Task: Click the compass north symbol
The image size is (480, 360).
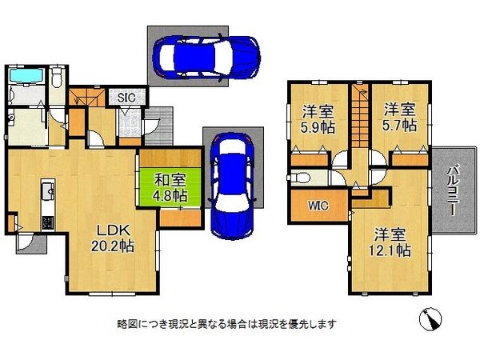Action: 430,319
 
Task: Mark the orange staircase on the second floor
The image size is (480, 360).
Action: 357,116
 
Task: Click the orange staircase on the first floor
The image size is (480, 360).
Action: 84,99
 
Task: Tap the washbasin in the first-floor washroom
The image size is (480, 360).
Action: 14,120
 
